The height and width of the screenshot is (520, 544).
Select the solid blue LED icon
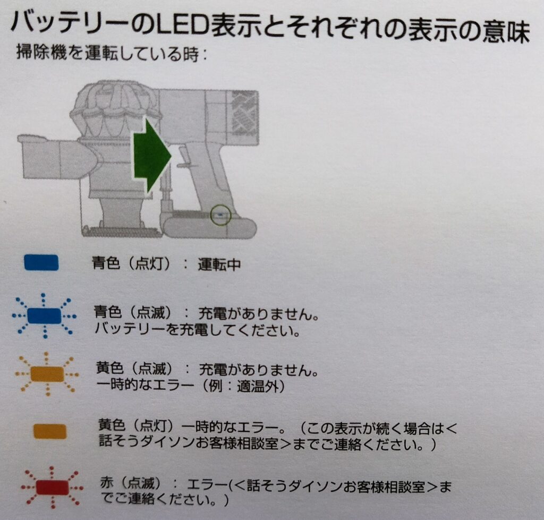[41, 262]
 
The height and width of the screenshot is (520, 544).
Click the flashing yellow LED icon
[47, 374]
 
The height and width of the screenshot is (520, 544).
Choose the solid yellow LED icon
[49, 431]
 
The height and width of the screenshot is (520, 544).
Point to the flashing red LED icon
[52, 487]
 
